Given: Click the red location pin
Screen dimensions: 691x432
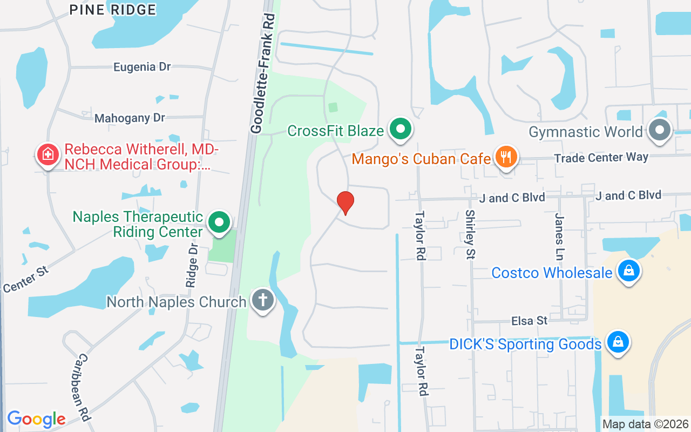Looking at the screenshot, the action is click(345, 202).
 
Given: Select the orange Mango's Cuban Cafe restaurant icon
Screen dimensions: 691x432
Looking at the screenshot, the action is click(506, 158).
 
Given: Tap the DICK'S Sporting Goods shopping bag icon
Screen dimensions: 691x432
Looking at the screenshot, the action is click(618, 342).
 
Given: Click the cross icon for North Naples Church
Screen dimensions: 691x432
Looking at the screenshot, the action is click(263, 300).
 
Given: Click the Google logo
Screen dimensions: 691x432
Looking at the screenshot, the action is click(36, 419).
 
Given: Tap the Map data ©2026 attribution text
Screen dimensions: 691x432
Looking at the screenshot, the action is click(645, 424).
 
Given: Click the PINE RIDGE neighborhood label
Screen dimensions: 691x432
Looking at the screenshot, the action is click(113, 10).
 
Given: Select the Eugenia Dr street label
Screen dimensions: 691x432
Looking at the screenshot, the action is click(142, 67).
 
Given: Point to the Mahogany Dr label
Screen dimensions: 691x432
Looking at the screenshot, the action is click(130, 118).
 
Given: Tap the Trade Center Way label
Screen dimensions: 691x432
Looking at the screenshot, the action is click(601, 158).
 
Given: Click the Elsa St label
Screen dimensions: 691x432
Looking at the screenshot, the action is click(530, 321).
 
